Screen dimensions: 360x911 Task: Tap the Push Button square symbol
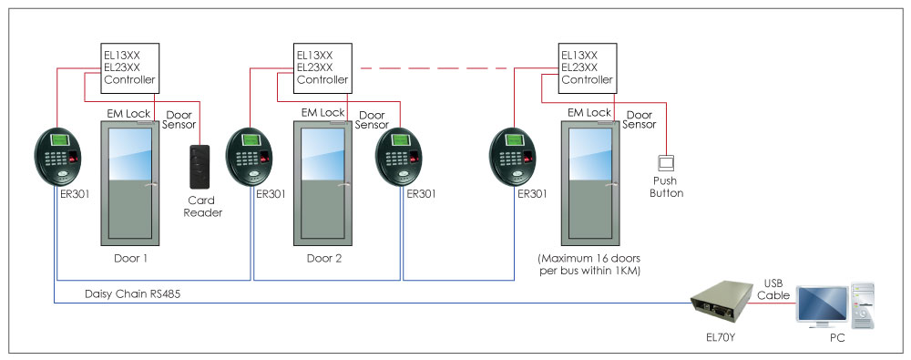click(x=667, y=163)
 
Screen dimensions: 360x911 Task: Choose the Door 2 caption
click(x=324, y=259)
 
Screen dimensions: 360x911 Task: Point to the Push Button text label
click(x=667, y=187)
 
